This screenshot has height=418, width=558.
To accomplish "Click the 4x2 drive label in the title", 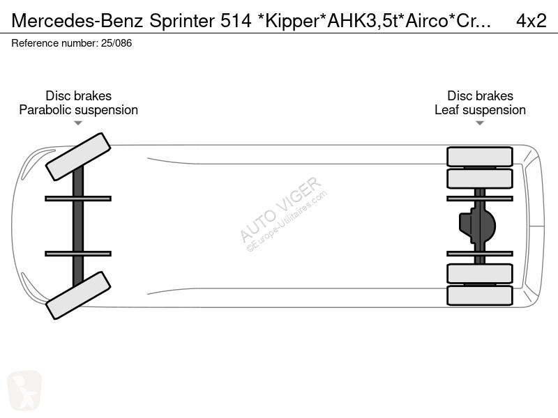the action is tap(531, 21).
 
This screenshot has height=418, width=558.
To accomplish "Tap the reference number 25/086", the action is tap(116, 43).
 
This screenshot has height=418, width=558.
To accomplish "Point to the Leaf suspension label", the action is tap(480, 110).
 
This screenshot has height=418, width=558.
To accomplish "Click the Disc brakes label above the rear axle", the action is tap(480, 95).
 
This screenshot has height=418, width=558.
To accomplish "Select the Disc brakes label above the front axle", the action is tap(78, 95).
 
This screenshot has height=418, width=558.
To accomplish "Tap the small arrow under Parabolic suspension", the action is tap(78, 123).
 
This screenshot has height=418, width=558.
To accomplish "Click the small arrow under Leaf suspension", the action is tap(480, 123).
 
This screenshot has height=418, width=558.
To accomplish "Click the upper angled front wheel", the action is tap(78, 157).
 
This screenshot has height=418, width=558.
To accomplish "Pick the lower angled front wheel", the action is tap(78, 295).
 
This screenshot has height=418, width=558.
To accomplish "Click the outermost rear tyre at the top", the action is tap(480, 156).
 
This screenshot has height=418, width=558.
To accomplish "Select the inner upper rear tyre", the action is tap(480, 178).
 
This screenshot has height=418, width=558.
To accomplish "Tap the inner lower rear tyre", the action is tap(480, 273).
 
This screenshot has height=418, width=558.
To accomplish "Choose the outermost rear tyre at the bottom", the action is tap(480, 295).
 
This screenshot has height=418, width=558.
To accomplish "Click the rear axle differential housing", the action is tap(477, 226).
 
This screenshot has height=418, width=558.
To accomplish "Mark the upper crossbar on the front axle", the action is tap(78, 199).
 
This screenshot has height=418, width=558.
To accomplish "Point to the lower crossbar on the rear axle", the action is tap(480, 254).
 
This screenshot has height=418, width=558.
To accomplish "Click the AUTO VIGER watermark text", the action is tap(280, 209).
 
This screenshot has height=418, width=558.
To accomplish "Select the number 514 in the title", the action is tap(236, 21).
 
